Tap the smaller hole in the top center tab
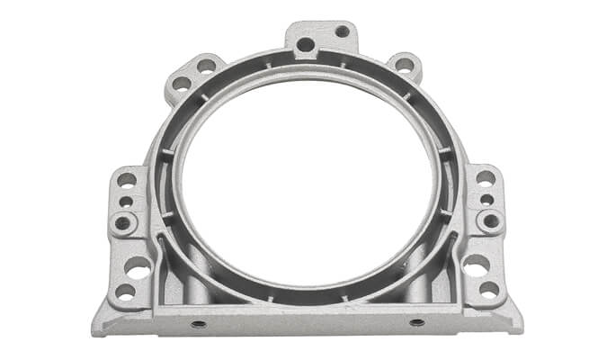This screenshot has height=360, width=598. (x=342, y=31)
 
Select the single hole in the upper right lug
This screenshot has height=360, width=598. (x=405, y=65)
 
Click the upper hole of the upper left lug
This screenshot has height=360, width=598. (x=207, y=65)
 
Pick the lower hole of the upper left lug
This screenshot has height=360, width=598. (x=183, y=83)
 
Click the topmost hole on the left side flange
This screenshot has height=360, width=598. (x=127, y=179)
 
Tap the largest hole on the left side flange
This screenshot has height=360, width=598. (x=138, y=266)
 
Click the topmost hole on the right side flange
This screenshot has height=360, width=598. (x=485, y=178)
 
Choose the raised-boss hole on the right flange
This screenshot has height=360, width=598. (x=490, y=220)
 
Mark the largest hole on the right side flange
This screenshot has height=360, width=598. (x=476, y=265)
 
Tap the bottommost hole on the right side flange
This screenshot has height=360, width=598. (x=488, y=290)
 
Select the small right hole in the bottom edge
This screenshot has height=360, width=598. (x=416, y=321)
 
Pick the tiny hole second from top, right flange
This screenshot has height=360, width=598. (x=486, y=199)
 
